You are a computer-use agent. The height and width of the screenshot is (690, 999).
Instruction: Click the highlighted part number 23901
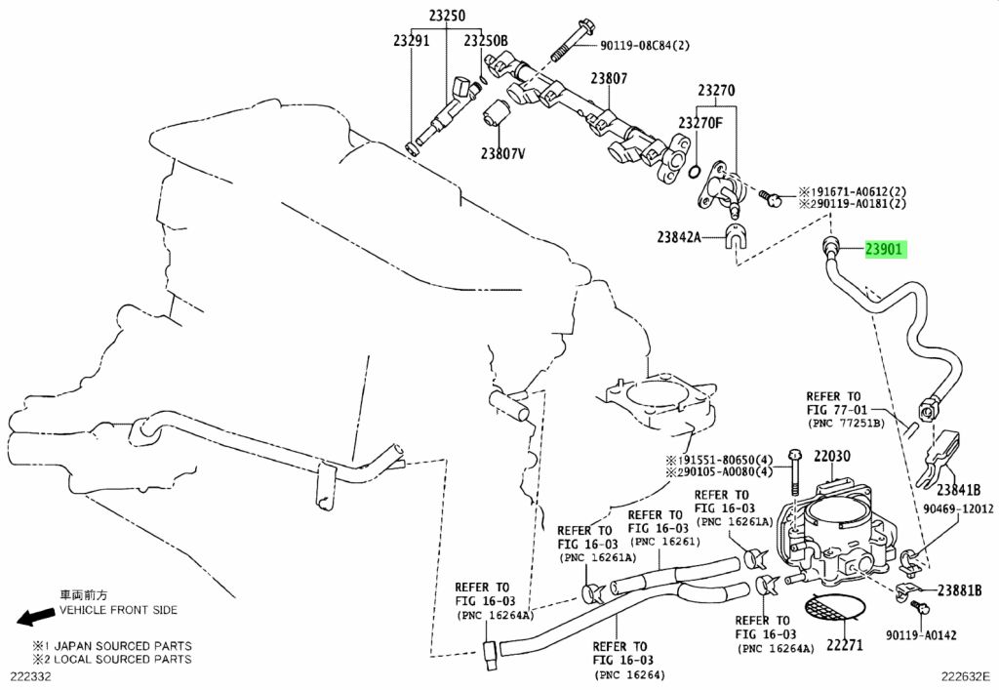884,249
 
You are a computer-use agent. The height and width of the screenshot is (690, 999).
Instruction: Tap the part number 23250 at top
447,15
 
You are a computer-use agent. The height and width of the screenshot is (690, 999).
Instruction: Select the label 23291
411,40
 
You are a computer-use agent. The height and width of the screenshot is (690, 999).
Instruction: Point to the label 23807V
502,153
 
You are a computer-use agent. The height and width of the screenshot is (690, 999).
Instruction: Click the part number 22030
831,456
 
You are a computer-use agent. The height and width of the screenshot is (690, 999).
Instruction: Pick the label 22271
845,644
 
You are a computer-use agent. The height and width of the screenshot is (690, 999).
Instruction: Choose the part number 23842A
679,237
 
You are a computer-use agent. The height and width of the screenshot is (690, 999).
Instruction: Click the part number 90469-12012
958,508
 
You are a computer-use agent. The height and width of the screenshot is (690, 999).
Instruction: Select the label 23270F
700,122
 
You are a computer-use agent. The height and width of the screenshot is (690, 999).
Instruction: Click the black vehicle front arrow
35,617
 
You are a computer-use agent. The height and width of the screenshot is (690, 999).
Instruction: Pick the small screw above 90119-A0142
920,606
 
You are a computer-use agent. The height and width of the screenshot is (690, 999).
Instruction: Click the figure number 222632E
966,677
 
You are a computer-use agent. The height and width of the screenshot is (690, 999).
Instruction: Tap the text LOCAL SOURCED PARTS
122,660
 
